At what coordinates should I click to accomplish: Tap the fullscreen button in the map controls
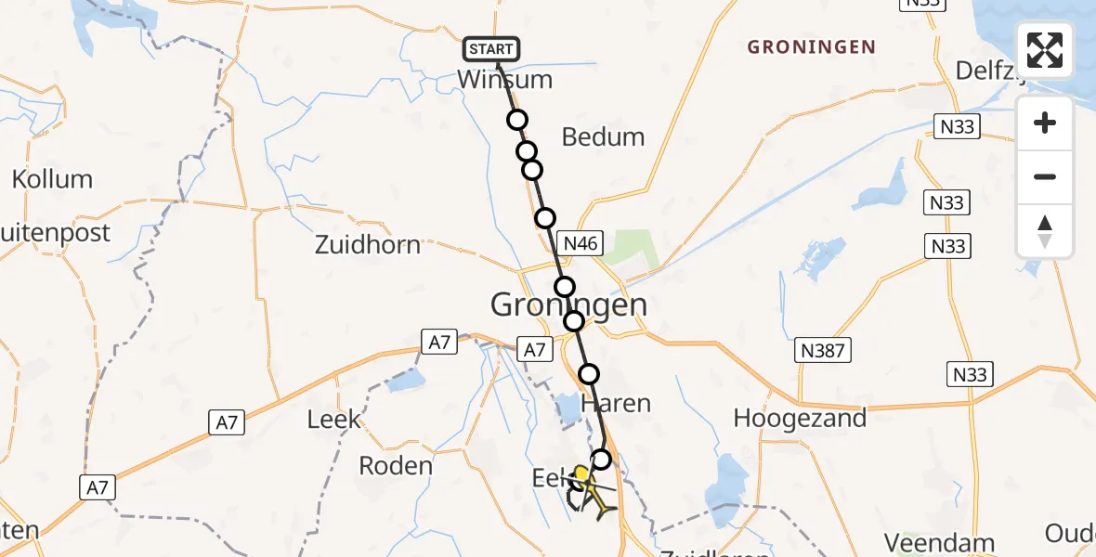pos(1045,50)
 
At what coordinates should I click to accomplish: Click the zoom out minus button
pos(1045,176)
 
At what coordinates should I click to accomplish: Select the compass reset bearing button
pos(1045,231)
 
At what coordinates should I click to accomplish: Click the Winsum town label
pos(504,80)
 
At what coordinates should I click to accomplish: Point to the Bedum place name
pos(604,137)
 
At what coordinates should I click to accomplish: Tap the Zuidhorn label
pos(368,245)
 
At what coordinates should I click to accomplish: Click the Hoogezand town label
pos(800,418)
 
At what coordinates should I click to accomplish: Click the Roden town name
pos(396,465)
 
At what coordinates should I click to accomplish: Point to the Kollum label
pos(52,179)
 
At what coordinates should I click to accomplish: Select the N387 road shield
pos(821,350)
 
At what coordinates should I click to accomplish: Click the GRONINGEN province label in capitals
pos(812,47)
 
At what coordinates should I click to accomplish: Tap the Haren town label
pos(615,404)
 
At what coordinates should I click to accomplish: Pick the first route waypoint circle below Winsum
pos(516,120)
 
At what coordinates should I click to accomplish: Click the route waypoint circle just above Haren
pos(590,374)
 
